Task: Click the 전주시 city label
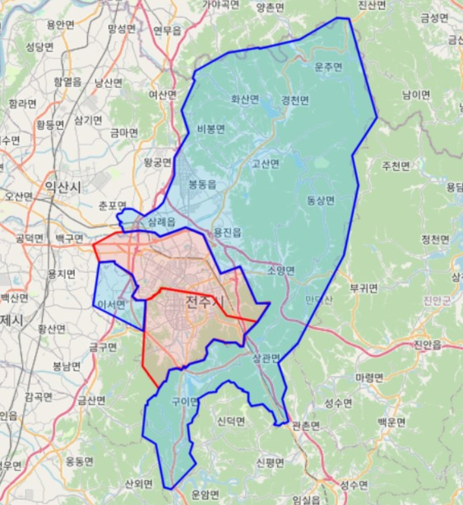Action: pyautogui.click(x=204, y=302)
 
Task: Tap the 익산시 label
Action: pyautogui.click(x=63, y=188)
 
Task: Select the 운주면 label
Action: pyautogui.click(x=328, y=67)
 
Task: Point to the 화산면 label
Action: pyautogui.click(x=245, y=100)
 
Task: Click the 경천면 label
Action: pyautogui.click(x=295, y=100)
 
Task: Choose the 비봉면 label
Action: pyautogui.click(x=211, y=129)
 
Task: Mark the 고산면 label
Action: pyautogui.click(x=265, y=164)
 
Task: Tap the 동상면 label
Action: pyautogui.click(x=320, y=200)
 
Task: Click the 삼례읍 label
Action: pyautogui.click(x=162, y=222)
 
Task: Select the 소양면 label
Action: pyautogui.click(x=281, y=270)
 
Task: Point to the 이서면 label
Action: pyautogui.click(x=111, y=304)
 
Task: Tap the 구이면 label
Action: pyautogui.click(x=185, y=401)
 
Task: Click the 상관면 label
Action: pyautogui.click(x=265, y=358)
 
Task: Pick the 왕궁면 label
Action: pyautogui.click(x=157, y=162)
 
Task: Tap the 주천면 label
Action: pyautogui.click(x=396, y=166)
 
